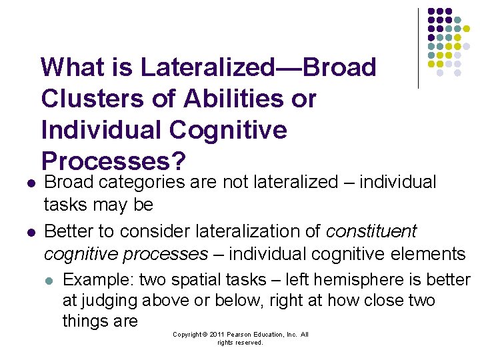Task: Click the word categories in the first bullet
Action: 144,183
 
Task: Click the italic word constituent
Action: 371,231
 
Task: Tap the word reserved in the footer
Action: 249,343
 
